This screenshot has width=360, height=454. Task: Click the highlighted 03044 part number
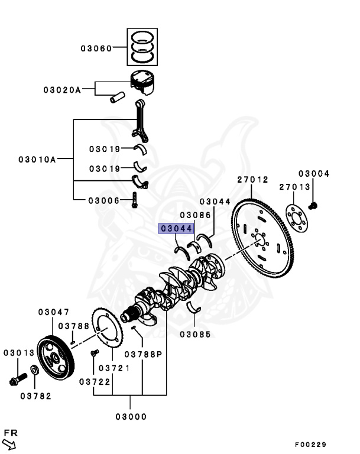coord(176,228)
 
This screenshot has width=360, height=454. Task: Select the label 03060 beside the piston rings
coord(96,48)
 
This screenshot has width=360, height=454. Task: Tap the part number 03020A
coord(61,90)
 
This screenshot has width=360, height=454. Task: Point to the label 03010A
coord(37,159)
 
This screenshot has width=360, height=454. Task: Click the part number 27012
coord(252,179)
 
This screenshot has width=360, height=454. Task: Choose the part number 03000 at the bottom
coord(131,416)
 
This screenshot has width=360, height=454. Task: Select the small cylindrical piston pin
coord(118,96)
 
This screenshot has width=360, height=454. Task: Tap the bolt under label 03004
coord(313,205)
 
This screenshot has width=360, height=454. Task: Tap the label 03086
coord(195,215)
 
